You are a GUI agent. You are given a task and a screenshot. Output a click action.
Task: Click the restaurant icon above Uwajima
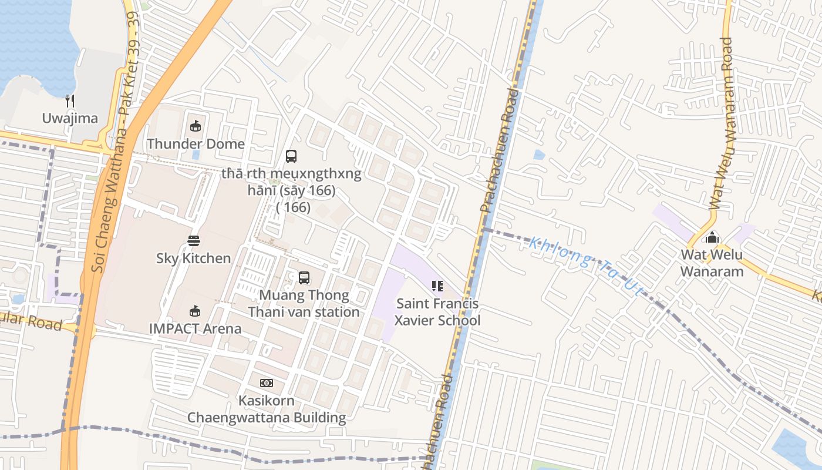(x=70, y=101)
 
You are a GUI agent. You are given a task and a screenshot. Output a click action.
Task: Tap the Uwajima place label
(x=70, y=118)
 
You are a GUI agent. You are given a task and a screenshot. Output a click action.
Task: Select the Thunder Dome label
(x=196, y=143)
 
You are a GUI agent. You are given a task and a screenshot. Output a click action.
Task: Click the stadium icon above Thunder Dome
(x=196, y=126)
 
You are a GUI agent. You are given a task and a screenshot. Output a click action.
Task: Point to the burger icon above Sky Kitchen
(x=194, y=240)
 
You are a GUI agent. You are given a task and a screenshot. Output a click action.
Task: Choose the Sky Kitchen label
(x=194, y=258)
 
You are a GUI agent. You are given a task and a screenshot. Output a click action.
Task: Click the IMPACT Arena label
(x=196, y=328)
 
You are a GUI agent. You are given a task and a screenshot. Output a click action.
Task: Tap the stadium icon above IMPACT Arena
(x=195, y=311)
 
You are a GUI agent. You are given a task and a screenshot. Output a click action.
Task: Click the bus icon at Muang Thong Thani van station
(x=304, y=278)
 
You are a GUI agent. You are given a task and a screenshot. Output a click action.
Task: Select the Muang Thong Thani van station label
(x=304, y=303)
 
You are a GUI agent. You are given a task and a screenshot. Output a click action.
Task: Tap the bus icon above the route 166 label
(x=291, y=156)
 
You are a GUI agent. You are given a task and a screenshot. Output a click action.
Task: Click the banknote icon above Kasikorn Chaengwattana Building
(x=267, y=383)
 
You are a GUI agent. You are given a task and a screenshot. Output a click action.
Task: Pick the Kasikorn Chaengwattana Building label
(x=267, y=409)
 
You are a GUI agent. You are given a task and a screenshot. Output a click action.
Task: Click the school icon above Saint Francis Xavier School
(x=437, y=286)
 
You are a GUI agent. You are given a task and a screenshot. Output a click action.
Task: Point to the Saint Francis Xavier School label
(x=437, y=312)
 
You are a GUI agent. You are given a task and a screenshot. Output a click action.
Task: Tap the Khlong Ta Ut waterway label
(x=586, y=266)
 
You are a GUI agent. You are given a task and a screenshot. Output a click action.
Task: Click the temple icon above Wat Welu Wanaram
(x=712, y=238)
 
